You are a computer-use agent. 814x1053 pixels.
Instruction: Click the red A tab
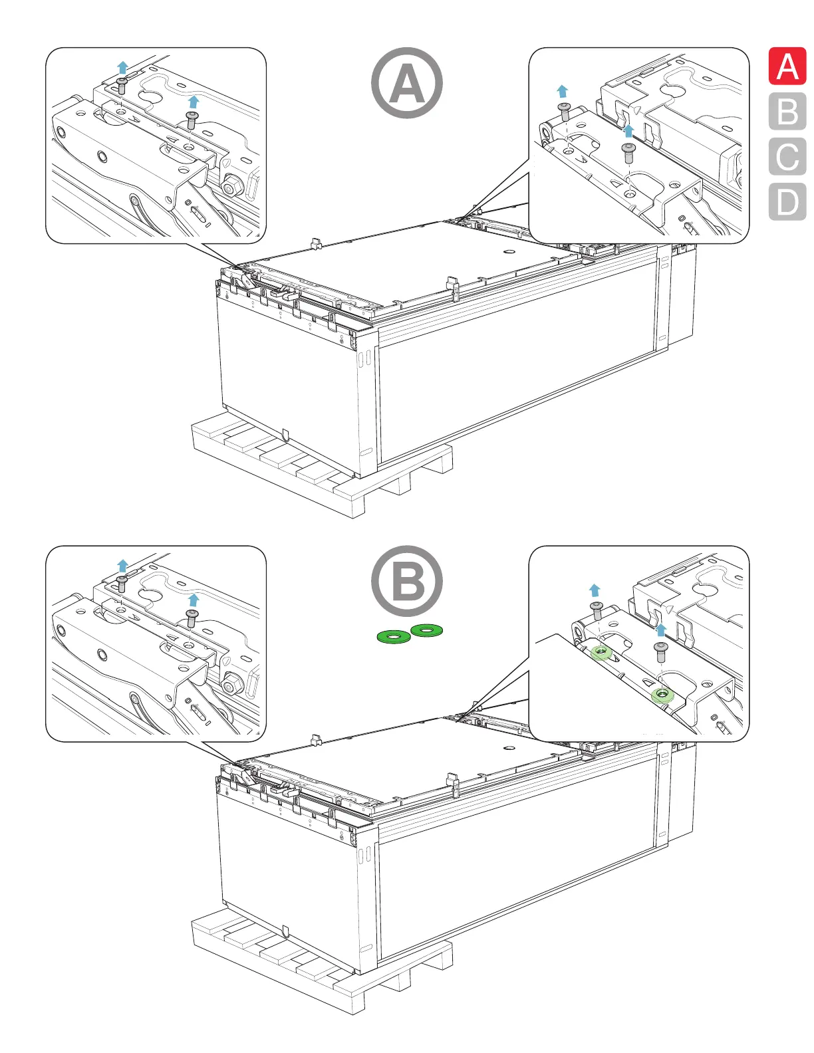tap(787, 66)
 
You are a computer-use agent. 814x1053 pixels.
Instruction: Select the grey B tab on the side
tap(787, 112)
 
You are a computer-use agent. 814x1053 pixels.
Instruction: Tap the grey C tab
tap(787, 157)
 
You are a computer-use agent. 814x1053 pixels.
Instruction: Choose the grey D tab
tap(787, 201)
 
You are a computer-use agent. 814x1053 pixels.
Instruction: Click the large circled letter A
tap(406, 83)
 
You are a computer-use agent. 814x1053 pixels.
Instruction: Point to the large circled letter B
tap(406, 581)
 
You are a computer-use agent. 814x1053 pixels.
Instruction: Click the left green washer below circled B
tap(394, 637)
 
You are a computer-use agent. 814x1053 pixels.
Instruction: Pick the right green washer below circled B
tap(426, 629)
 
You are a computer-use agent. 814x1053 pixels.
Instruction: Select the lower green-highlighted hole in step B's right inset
tap(662, 695)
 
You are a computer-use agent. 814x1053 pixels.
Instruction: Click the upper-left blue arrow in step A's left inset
tap(122, 66)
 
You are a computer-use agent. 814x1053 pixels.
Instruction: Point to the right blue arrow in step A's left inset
tap(194, 101)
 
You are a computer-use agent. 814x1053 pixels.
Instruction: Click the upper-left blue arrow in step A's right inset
tap(563, 91)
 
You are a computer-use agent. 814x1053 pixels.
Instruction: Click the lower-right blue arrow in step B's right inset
tap(660, 629)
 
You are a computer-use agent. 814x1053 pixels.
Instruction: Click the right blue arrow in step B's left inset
tap(194, 600)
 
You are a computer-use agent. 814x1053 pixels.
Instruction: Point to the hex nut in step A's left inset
tap(231, 186)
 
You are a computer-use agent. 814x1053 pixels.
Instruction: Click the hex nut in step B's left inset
tap(231, 685)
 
